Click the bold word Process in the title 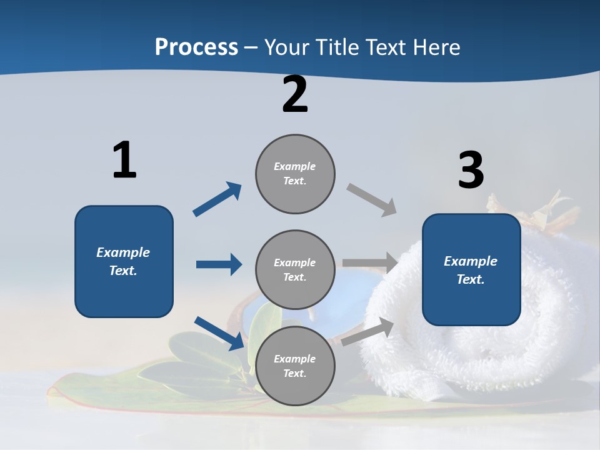[196, 47]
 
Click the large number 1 [124, 160]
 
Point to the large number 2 [295, 95]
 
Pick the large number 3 [471, 171]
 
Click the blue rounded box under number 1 [124, 261]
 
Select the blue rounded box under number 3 [471, 270]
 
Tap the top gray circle [295, 174]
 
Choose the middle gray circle [295, 270]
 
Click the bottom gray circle [295, 366]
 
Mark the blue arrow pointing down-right [219, 333]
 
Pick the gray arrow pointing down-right [372, 200]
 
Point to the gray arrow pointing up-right [367, 331]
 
